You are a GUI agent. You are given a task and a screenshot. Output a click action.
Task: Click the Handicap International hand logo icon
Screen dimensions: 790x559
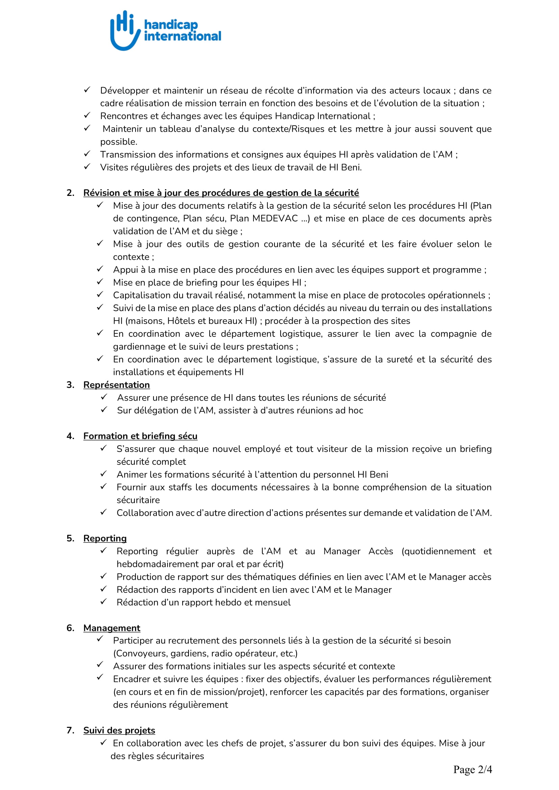125,30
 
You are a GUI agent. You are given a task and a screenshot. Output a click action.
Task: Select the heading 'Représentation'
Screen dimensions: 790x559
116,385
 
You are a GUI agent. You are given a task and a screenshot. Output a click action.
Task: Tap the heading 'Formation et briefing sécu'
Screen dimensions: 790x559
140,436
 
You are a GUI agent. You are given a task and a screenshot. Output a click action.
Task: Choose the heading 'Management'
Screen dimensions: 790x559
112,628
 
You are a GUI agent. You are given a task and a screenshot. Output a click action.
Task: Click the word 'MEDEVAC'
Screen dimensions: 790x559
275,219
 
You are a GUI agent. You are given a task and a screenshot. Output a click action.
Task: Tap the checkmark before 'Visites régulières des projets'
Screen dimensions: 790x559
87,167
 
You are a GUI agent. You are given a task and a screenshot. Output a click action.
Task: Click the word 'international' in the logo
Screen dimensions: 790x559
183,36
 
